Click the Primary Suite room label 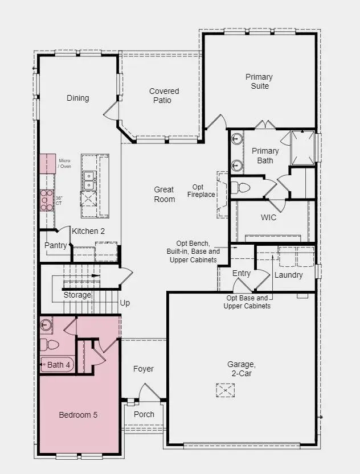(259, 81)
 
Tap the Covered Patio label (164, 96)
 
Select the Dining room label (78, 98)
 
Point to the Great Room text (164, 195)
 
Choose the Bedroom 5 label (78, 415)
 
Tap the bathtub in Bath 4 (57, 365)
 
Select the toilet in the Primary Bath (242, 188)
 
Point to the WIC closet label (269, 217)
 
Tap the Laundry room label (288, 275)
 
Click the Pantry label (56, 245)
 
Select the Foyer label (144, 369)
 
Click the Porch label (144, 414)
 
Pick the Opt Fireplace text (202, 191)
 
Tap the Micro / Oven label (65, 164)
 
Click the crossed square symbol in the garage (226, 390)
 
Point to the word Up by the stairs (125, 303)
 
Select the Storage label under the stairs (77, 295)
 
